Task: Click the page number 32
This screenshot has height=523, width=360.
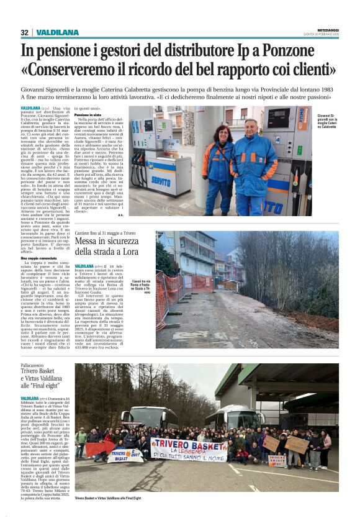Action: [x=24, y=32]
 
